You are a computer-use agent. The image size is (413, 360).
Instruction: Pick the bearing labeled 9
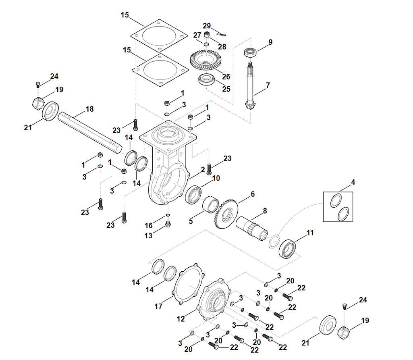[x=251, y=53]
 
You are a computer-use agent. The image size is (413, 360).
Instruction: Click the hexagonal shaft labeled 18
[x=89, y=131]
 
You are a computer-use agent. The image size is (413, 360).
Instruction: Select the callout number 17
[x=158, y=307]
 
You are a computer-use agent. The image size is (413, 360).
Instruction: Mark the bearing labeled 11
[x=288, y=249]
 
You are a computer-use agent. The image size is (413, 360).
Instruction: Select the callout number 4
[x=353, y=182]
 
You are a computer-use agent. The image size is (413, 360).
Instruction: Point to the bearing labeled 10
[x=195, y=195]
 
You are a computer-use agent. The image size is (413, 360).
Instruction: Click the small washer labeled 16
[x=168, y=215]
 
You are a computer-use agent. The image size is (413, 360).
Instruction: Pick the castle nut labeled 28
[x=206, y=35]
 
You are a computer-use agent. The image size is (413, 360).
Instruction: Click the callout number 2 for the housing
[x=203, y=170]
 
